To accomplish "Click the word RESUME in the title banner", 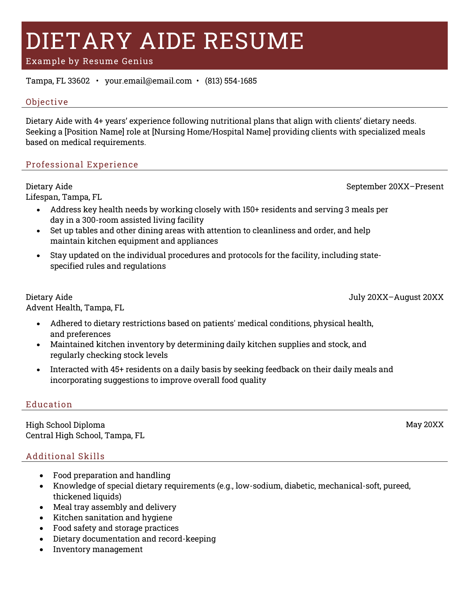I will coord(253,41).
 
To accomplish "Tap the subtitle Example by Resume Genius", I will coord(89,61).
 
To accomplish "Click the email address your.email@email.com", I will coord(148,81).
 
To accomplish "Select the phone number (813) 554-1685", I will coord(231,81).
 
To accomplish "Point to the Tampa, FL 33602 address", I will coord(58,81).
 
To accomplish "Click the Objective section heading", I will coord(47,102).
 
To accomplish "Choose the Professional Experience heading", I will coord(82,165).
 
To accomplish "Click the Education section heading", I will coord(49,404).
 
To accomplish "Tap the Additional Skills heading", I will coord(65,456).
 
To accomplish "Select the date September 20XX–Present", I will coord(395,187).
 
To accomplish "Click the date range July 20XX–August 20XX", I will coord(396,297).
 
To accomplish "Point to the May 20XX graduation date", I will coord(424,425).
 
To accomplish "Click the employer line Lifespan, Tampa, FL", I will coord(64,197).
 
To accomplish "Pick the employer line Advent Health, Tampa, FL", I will coord(75,308).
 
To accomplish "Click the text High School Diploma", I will coord(65,425).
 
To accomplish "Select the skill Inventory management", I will coord(98,549).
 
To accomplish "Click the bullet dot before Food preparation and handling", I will coord(42,476).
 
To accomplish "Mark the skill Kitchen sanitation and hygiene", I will coord(112,518).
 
